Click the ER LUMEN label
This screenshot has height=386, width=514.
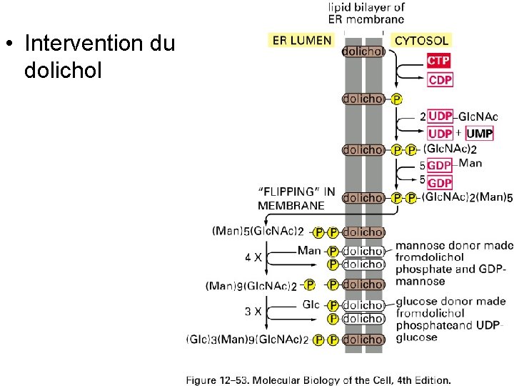coord(302,41)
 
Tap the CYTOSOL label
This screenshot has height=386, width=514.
coord(421,41)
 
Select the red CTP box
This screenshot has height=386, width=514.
coord(439,61)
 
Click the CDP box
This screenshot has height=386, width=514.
coord(440,80)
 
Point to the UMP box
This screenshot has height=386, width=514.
coord(479,134)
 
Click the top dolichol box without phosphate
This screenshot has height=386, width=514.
coord(365,51)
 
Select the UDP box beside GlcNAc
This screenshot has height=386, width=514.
coord(440,117)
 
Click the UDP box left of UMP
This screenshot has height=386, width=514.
coord(440,134)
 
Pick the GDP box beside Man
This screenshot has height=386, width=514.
coord(440,165)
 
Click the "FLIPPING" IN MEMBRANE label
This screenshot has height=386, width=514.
coord(296,198)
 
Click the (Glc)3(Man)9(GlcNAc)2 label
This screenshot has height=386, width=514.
coord(247,340)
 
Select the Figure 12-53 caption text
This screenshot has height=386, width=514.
coord(318,380)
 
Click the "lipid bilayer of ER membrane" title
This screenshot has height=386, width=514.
coord(366,14)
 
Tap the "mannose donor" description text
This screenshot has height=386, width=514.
coord(453,263)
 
